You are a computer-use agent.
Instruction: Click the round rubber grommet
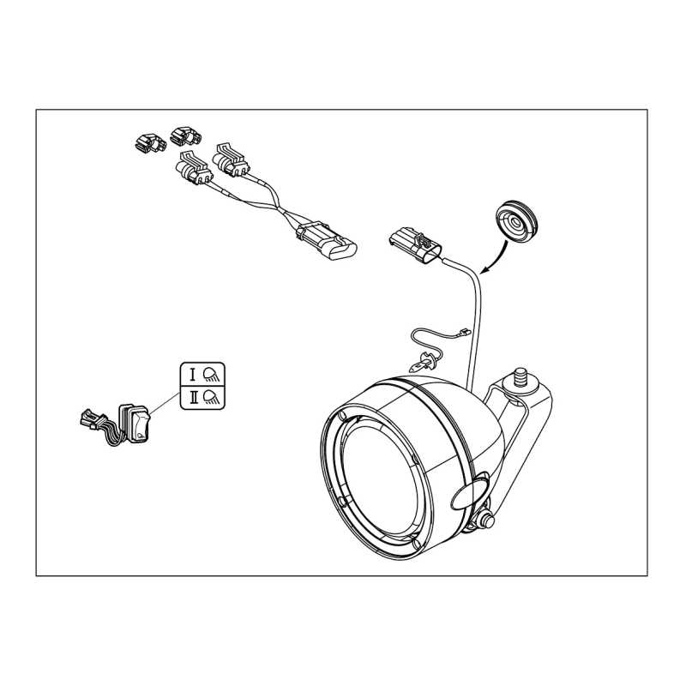(516, 221)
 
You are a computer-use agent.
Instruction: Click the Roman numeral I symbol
(192, 375)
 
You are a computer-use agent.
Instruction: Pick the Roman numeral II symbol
(194, 397)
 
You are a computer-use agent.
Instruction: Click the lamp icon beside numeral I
(212, 375)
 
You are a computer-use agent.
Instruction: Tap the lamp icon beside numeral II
(212, 397)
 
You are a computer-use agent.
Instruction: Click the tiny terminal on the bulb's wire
(465, 333)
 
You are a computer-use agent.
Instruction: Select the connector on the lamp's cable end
(415, 245)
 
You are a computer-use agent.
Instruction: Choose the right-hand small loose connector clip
(186, 135)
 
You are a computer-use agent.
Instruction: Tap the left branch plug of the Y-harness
(194, 168)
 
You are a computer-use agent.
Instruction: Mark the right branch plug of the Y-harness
(231, 160)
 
